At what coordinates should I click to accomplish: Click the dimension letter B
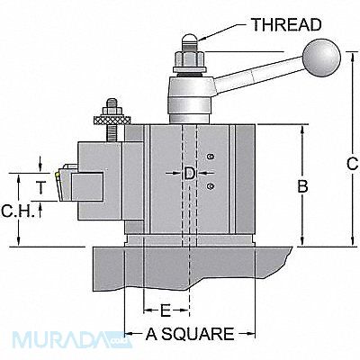click(303, 186)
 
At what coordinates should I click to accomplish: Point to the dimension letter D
click(188, 172)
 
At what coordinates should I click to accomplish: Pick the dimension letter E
click(166, 311)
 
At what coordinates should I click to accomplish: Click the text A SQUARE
click(189, 334)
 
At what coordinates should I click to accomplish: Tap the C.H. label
click(17, 213)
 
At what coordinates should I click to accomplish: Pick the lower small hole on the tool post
click(210, 186)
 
